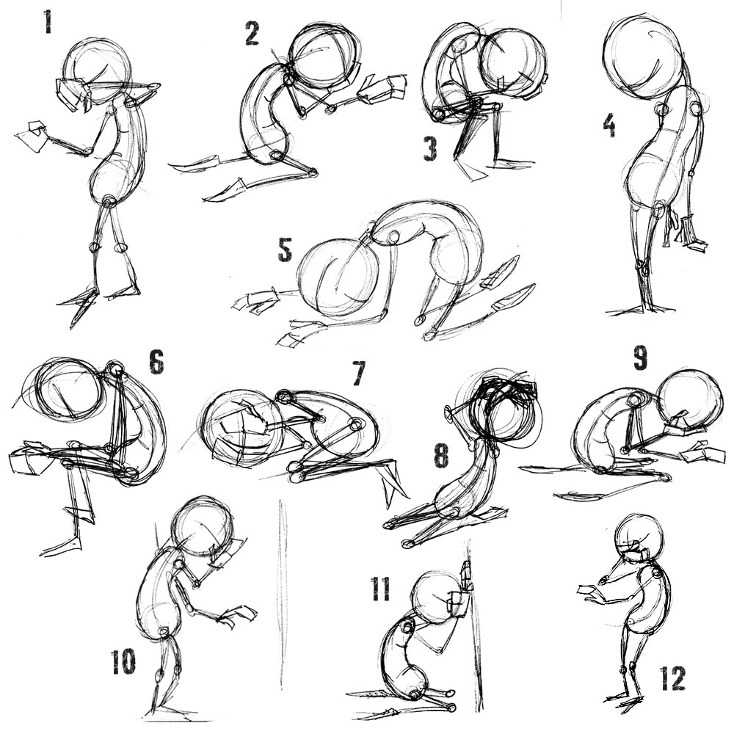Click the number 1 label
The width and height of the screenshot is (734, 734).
point(47,22)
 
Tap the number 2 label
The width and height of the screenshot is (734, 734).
point(252,33)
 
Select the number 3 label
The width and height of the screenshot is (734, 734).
point(430,149)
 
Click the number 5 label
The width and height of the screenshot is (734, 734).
point(285,250)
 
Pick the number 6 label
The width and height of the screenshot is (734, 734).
point(156,363)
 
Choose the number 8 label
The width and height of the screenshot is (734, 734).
point(441,456)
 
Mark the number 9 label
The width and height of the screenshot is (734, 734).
point(640,357)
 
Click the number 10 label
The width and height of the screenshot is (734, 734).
point(123,662)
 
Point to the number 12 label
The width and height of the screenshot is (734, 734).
point(672,678)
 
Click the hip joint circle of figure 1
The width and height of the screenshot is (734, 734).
point(109,202)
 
